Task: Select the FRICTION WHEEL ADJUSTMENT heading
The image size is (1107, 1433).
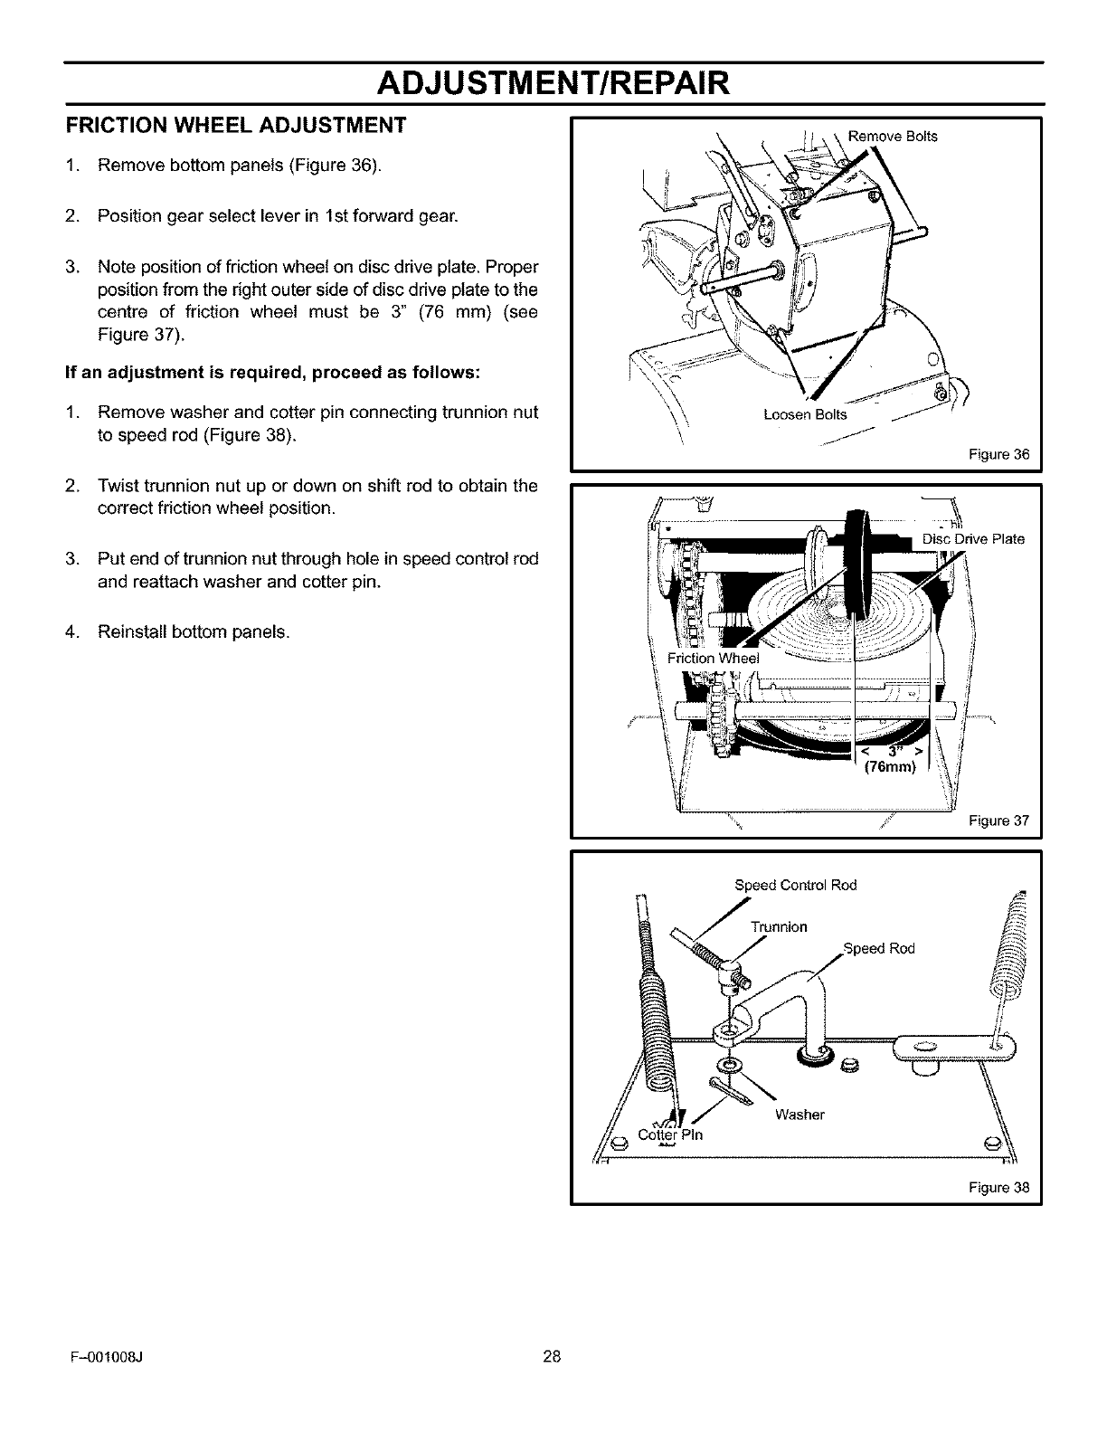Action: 235,124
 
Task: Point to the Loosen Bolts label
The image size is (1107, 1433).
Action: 805,415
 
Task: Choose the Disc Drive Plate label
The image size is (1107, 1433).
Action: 973,539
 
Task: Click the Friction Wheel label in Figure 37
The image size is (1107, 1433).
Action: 714,659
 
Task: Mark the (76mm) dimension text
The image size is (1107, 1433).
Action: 890,768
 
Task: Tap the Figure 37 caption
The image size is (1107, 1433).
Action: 998,821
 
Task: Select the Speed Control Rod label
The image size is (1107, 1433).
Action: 795,885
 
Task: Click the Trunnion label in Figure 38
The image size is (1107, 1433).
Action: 779,926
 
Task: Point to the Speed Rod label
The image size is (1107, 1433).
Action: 878,948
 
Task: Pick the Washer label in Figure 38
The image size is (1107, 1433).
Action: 799,1114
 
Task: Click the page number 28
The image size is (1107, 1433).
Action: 553,1381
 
